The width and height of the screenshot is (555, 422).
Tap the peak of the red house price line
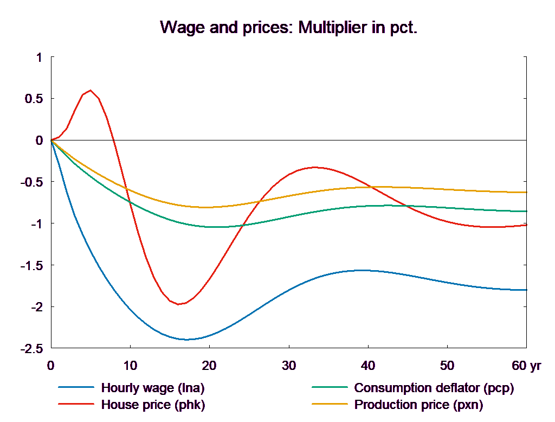(x=91, y=90)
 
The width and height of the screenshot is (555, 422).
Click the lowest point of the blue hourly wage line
(x=185, y=340)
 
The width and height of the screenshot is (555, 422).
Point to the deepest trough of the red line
(x=178, y=304)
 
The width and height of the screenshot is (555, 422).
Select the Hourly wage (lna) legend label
(x=153, y=388)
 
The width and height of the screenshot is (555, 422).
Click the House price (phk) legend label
(x=153, y=404)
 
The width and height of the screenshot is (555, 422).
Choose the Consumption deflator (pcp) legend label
(x=434, y=388)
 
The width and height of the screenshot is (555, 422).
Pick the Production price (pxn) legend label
(x=418, y=404)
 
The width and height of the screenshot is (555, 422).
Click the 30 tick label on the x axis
(x=289, y=366)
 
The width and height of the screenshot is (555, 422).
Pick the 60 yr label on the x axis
(x=526, y=366)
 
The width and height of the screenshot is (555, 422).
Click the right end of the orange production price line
(x=526, y=193)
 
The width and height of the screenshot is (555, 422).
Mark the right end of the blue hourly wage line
(x=526, y=290)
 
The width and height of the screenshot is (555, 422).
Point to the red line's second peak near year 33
(x=314, y=168)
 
